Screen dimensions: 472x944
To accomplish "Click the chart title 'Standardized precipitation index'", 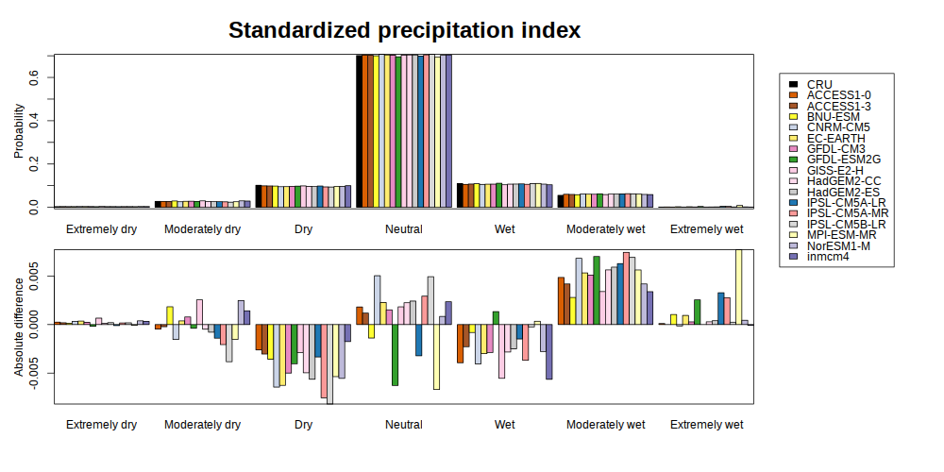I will pyautogui.click(x=404, y=30).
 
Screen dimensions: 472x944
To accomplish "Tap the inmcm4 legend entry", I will pyautogui.click(x=827, y=257).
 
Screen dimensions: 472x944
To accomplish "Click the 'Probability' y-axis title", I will pyautogui.click(x=19, y=131).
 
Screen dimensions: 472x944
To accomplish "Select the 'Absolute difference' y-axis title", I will pyautogui.click(x=19, y=326).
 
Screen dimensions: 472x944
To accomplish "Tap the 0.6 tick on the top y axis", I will pyautogui.click(x=34, y=77).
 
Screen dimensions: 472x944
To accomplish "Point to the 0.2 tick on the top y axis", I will pyautogui.click(x=34, y=165).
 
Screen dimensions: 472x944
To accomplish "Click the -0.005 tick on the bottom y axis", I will pyautogui.click(x=34, y=373).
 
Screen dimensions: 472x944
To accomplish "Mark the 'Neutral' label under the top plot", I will pyautogui.click(x=404, y=229).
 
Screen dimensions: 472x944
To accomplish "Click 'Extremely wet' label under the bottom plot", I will pyautogui.click(x=707, y=425).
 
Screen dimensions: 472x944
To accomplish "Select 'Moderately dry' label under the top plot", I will pyautogui.click(x=202, y=229).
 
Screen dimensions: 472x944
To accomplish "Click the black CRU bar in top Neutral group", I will pyautogui.click(x=360, y=131).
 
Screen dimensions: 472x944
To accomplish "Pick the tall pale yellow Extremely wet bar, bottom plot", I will pyautogui.click(x=739, y=287).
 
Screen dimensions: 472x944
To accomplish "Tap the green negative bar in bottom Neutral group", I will pyautogui.click(x=395, y=355).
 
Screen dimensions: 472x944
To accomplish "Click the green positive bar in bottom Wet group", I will pyautogui.click(x=496, y=318).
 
